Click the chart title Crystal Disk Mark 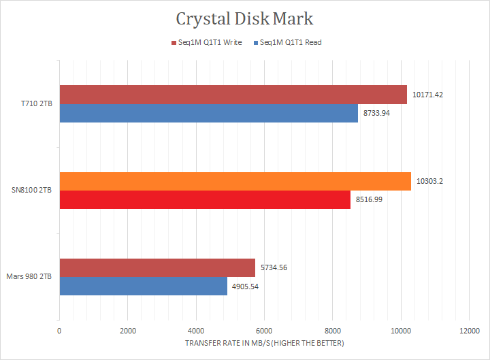pos(245,18)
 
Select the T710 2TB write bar pos(233,95)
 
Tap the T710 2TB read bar pos(208,113)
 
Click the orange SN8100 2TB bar pos(235,182)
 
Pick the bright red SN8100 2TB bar pos(204,200)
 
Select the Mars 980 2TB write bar pos(157,268)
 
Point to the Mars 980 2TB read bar pos(143,287)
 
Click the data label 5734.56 pos(274,268)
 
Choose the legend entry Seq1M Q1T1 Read pos(291,42)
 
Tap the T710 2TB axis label pos(36,103)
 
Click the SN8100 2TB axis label pos(33,191)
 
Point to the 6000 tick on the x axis pos(264,331)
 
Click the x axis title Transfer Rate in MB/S pos(264,343)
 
